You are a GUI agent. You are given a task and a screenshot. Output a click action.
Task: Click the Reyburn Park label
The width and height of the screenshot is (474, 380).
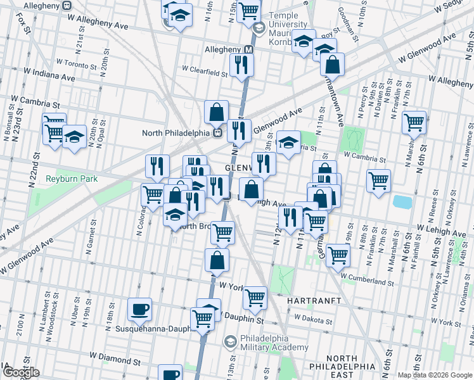pos(72,179)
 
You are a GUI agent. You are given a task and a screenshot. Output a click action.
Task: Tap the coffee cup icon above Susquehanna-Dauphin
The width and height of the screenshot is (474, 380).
pos(139,309)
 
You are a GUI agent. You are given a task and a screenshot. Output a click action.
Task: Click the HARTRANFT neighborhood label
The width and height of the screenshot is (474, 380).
pos(314,300)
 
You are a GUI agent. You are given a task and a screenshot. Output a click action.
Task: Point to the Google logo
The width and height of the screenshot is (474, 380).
pos(20,372)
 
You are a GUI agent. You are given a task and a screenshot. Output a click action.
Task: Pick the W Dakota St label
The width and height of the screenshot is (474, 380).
pos(312,317)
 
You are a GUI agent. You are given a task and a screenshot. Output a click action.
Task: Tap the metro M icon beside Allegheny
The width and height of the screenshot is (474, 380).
pos(249,49)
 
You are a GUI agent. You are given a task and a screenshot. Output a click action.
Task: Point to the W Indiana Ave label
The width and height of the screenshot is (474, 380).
pos(49,75)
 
